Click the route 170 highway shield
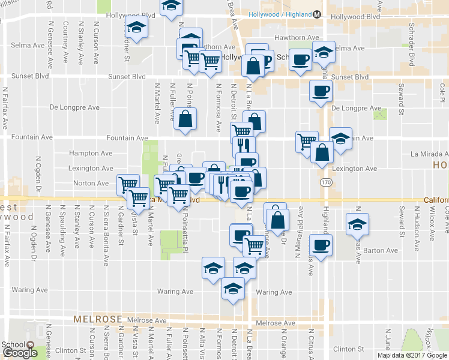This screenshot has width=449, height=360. pyautogui.click(x=325, y=181)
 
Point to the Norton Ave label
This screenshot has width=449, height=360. pyautogui.click(x=91, y=183)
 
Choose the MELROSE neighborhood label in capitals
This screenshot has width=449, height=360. pyautogui.click(x=98, y=320)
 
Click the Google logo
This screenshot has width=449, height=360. pyautogui.click(x=20, y=353)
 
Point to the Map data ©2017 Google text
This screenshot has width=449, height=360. pyautogui.click(x=411, y=355)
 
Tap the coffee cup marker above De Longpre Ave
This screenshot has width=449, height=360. pyautogui.click(x=320, y=91)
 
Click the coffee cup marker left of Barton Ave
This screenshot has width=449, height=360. pyautogui.click(x=320, y=245)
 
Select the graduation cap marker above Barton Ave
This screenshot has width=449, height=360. pyautogui.click(x=357, y=224)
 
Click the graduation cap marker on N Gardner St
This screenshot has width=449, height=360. pyautogui.click(x=136, y=27)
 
